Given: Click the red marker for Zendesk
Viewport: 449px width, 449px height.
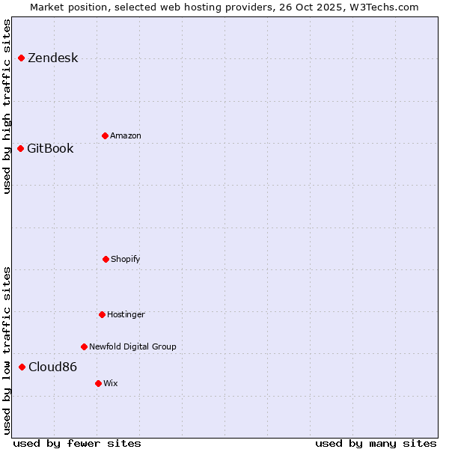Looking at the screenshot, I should click(x=21, y=58).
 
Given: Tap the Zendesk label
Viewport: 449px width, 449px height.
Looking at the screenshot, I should click(x=52, y=58).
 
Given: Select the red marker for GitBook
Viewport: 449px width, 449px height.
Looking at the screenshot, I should click(x=20, y=148).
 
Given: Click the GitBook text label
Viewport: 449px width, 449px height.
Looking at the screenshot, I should click(x=50, y=148).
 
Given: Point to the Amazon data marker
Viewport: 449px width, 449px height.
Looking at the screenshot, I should click(x=105, y=135).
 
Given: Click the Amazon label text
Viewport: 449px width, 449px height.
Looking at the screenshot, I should click(x=126, y=135).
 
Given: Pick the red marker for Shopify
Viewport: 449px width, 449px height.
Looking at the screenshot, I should click(x=106, y=259).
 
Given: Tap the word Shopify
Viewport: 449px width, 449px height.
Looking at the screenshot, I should click(x=126, y=259).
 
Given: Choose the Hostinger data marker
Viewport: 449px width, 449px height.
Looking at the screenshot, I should click(x=102, y=314).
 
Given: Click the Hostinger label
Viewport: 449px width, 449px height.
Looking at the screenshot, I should click(x=126, y=314).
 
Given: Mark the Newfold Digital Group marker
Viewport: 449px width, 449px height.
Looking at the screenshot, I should click(x=84, y=346).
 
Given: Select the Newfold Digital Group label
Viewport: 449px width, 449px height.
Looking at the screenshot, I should click(x=132, y=346).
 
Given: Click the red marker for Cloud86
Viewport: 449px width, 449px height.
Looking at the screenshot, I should click(x=22, y=367).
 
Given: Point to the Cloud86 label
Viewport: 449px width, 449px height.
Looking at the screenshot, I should click(x=52, y=367).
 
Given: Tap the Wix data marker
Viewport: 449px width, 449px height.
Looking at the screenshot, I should click(x=98, y=383).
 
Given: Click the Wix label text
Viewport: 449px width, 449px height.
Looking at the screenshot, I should click(x=111, y=383).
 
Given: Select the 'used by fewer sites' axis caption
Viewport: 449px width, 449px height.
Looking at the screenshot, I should click(x=77, y=443).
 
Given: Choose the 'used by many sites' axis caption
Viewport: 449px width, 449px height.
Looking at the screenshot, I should click(x=376, y=443).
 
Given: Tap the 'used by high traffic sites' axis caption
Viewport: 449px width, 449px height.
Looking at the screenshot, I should click(x=7, y=106).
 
